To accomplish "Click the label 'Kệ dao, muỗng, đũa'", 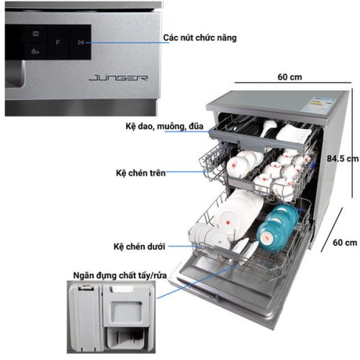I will click(x=163, y=128).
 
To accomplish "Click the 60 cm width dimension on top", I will click(x=289, y=76).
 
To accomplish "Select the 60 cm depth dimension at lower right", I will click(x=342, y=243).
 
